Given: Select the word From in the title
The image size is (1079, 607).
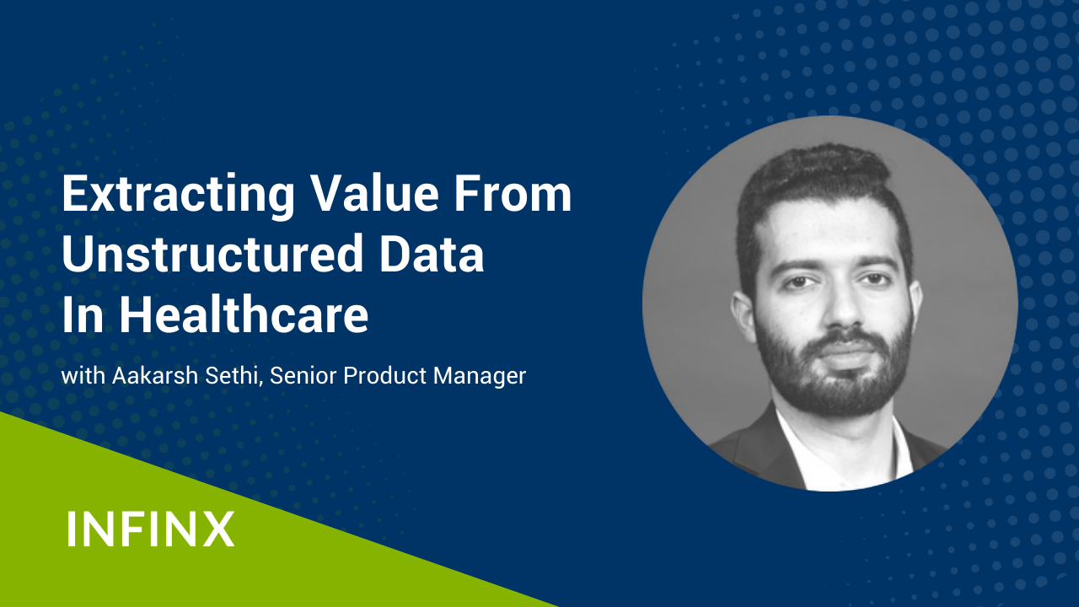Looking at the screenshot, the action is (x=513, y=194).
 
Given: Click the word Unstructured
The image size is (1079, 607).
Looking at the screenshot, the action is (x=212, y=254).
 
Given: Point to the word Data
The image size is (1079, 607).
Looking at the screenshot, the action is (x=431, y=254).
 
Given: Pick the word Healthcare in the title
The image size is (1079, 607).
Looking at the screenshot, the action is (x=244, y=314).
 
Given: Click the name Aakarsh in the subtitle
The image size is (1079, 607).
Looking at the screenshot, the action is (x=155, y=375).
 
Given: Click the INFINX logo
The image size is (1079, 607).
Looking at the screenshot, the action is (x=151, y=529).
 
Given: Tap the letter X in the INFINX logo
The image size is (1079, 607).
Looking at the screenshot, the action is (x=218, y=529).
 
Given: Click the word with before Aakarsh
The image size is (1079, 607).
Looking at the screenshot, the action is (x=83, y=375).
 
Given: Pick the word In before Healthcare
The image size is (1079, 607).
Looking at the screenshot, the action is (x=83, y=314).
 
